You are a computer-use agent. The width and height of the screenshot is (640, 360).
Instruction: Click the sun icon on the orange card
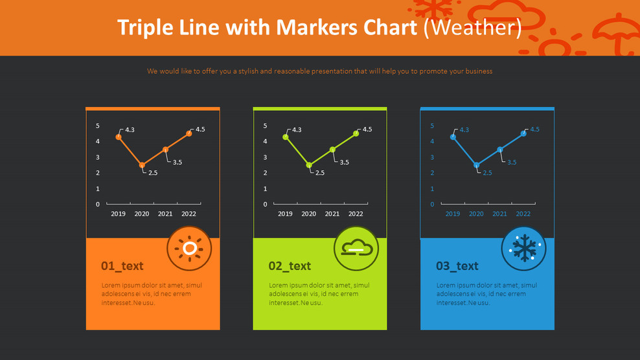pos(189,249)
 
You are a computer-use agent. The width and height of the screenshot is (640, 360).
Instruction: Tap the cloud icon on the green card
pos(356,249)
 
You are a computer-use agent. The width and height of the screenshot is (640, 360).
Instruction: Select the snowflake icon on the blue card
pos(523,249)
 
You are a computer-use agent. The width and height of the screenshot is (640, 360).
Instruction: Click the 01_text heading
pos(122,266)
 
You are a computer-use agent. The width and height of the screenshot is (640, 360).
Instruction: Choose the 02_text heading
pos(290,266)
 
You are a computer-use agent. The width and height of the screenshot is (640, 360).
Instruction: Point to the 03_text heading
pos(457,266)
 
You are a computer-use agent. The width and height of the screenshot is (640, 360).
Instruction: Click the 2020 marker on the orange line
pos(142,165)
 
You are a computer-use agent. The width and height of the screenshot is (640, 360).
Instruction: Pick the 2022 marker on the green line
pos(356,133)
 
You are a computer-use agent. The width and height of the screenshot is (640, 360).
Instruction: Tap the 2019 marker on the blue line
pos(453,137)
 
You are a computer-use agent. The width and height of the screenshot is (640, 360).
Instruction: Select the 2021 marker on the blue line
pos(500,150)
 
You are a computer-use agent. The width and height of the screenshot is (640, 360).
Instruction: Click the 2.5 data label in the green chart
pos(320,173)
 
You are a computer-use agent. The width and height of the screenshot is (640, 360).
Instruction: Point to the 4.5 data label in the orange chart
pos(200,129)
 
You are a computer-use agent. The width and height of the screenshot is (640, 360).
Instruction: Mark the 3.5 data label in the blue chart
pos(512,163)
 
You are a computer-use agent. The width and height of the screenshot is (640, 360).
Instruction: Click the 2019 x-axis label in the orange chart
pos(118,214)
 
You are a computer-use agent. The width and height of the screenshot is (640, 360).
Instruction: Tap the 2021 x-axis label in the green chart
pos(332,214)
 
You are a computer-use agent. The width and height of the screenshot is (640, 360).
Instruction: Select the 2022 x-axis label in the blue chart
pos(523,214)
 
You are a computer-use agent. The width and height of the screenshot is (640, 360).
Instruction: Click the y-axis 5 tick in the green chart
pos(265,126)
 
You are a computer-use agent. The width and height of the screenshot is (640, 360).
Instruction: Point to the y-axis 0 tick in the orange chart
pos(98,205)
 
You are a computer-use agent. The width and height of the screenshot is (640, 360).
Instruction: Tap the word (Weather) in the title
pos(472,28)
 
